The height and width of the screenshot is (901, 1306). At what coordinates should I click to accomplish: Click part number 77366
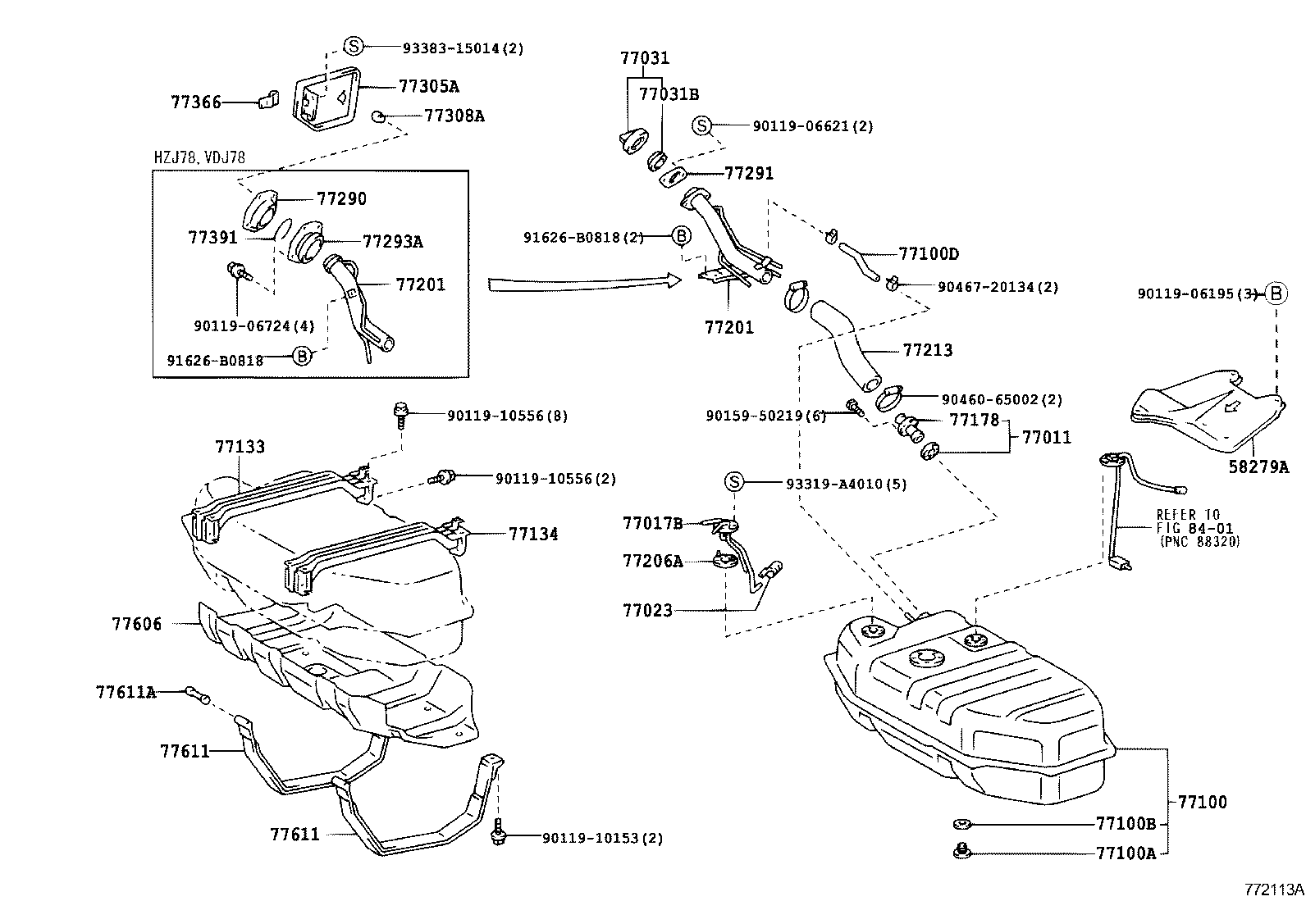[196, 102]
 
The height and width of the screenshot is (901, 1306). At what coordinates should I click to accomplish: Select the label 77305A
[428, 86]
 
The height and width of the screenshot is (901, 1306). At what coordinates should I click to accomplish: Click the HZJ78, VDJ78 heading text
[199, 157]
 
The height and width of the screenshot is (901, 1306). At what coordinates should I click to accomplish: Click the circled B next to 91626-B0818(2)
[682, 237]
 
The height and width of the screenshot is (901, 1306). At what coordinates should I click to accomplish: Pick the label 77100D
[929, 254]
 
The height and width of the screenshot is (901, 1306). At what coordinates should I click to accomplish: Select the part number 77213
[928, 350]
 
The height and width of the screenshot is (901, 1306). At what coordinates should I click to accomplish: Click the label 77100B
[1126, 823]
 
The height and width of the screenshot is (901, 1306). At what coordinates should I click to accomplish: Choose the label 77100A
[1126, 853]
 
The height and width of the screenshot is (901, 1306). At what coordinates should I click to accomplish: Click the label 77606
[137, 624]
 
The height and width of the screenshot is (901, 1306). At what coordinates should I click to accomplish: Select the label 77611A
[126, 692]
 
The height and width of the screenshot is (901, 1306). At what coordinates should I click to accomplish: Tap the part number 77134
[533, 534]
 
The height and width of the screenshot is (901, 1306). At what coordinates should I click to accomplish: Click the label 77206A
[652, 561]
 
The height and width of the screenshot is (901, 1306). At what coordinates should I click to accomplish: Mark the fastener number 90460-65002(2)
[1002, 400]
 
